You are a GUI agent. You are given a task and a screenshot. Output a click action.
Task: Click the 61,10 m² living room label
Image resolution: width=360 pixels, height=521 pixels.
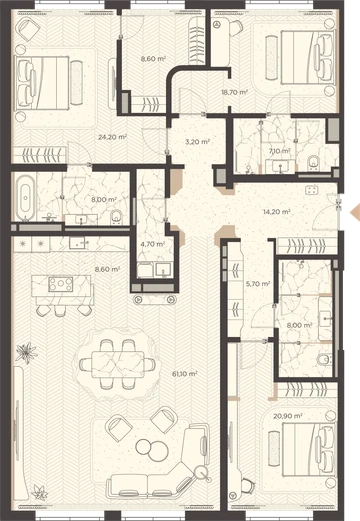click(184, 374)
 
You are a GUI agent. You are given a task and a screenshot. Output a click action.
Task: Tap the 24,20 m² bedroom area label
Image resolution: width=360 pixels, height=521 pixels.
click(113, 137)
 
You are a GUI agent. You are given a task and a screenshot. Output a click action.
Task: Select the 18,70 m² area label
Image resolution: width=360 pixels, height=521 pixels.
click(235, 92)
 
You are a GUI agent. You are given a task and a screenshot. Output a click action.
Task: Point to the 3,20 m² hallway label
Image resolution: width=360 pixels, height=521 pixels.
click(197, 142)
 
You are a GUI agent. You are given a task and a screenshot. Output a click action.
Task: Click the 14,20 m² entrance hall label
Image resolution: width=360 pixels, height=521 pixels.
click(277, 211)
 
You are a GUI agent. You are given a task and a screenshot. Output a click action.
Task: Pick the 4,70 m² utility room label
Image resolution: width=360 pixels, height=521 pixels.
click(153, 244)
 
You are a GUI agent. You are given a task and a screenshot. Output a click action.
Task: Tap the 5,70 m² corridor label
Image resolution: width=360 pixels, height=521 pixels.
click(258, 284)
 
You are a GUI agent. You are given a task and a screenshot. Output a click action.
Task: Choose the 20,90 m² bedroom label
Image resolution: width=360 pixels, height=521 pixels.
click(288, 416)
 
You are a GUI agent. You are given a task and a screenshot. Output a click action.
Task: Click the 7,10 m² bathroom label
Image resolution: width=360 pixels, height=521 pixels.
click(279, 151)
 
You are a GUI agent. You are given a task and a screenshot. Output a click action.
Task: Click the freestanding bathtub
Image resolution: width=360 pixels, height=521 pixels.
click(25, 198)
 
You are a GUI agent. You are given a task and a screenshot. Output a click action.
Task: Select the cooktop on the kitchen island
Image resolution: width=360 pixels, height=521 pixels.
click(61, 284)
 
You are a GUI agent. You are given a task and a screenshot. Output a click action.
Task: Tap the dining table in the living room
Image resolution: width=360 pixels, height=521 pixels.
click(118, 364)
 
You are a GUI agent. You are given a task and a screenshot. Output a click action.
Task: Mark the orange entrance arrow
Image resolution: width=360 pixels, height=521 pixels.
click(355, 212)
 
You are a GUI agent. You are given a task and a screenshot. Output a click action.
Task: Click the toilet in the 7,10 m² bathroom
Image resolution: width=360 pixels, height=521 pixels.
click(313, 162)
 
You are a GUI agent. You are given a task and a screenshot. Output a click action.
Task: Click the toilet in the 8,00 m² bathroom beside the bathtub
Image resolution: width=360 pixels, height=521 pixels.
click(116, 217)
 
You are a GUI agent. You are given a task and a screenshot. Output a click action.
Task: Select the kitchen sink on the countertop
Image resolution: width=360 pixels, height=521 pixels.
click(77, 243)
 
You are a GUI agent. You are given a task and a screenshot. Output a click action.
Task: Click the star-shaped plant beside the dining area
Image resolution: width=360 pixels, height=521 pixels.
click(26, 352)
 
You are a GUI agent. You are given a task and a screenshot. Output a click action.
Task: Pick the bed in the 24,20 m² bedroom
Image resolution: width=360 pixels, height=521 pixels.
click(42, 83)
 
